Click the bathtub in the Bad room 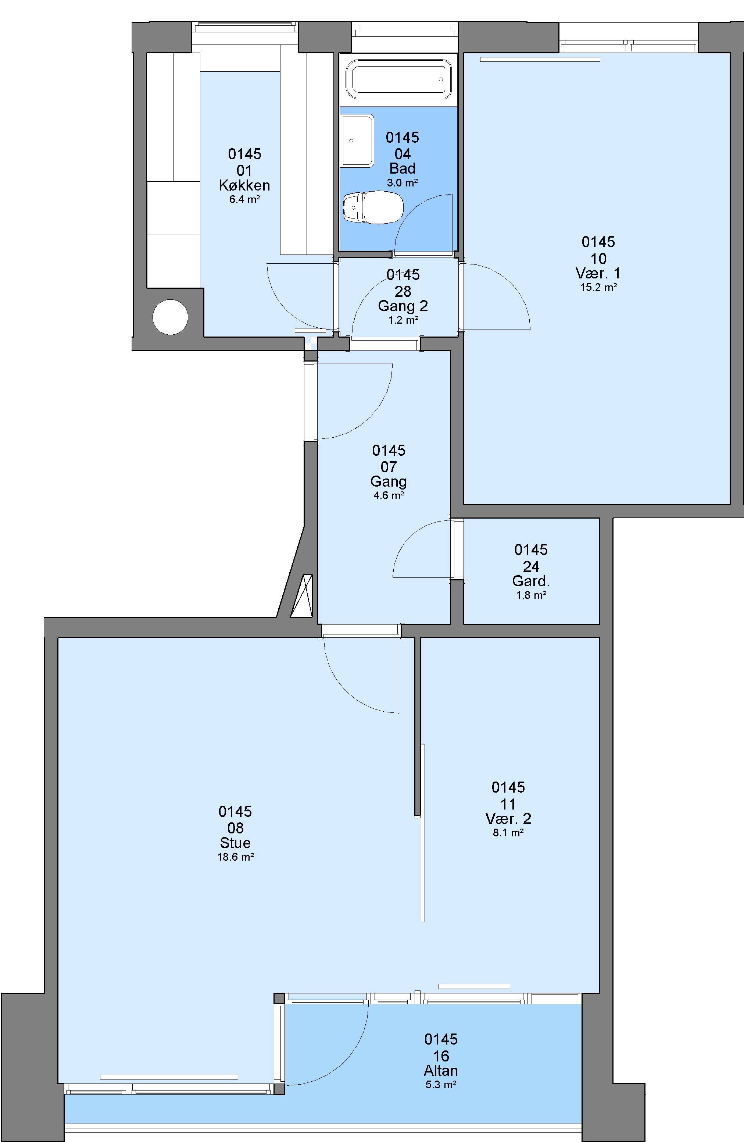click(398, 79)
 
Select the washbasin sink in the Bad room click(357, 140)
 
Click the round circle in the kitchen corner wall click(170, 317)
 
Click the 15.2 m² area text click(599, 287)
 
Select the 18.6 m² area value click(236, 857)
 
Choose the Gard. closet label click(531, 581)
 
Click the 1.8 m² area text click(532, 595)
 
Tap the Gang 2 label click(403, 306)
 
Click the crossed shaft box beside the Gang click(302, 596)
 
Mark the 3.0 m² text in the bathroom click(403, 183)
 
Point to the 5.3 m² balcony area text click(441, 1084)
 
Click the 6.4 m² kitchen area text click(245, 200)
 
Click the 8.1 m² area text click(508, 833)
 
